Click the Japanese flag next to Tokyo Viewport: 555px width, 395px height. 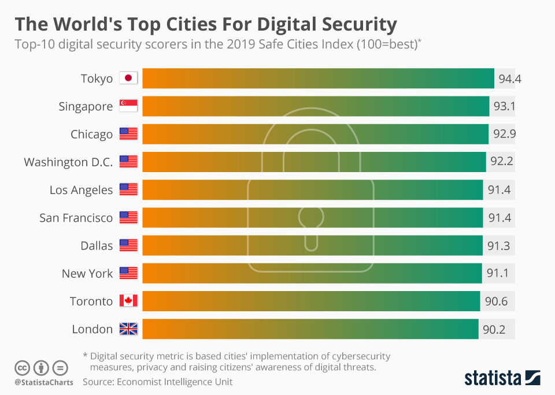[128, 79]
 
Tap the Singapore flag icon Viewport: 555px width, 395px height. [128, 106]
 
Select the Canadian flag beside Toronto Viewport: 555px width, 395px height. [128, 301]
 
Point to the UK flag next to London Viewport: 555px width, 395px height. [128, 329]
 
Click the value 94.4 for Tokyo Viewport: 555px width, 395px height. [509, 79]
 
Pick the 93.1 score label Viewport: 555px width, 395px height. [502, 106]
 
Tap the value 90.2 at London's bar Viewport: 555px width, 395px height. [494, 329]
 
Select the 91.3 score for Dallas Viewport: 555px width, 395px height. [498, 245]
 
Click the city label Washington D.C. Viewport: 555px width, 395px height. [68, 162]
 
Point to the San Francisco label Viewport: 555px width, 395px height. [76, 218]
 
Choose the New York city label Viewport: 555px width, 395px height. [87, 273]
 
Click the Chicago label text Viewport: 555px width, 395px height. [91, 135]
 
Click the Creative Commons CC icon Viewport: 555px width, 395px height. [23, 368]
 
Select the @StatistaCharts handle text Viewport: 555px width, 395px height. [44, 382]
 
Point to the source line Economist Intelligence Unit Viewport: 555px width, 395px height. [157, 382]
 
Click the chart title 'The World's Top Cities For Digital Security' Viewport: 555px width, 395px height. [206, 24]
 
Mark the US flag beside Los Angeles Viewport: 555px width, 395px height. [128, 189]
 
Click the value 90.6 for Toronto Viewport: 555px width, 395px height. [495, 301]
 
